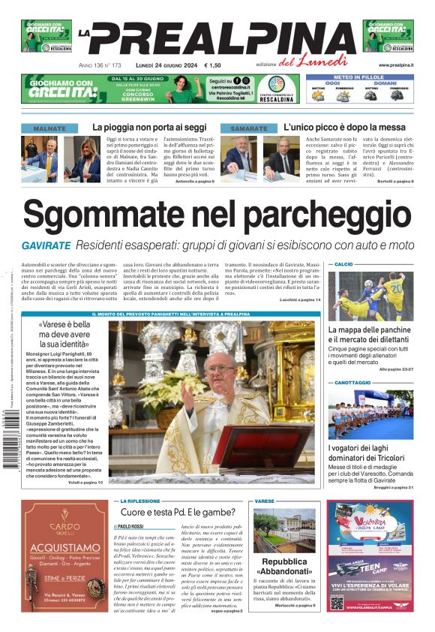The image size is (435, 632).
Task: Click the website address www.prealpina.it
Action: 396,65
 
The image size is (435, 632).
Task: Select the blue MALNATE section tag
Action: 49,128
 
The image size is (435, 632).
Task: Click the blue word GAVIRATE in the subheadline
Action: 46,245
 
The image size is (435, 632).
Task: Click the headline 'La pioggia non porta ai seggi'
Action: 149,128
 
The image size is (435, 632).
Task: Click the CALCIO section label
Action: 343,265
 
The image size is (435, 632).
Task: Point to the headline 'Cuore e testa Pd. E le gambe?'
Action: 179,512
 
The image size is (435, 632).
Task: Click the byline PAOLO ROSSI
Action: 133,527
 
